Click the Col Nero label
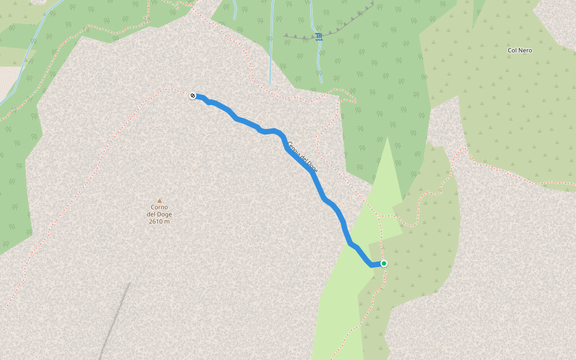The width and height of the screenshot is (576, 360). (520, 50)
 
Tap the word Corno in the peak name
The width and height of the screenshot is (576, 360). (159, 207)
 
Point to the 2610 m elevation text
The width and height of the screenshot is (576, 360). (159, 221)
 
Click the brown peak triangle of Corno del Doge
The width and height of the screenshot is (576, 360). (159, 200)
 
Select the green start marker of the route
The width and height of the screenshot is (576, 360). (384, 263)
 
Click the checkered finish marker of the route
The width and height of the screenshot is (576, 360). (193, 95)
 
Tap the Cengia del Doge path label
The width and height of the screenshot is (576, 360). (302, 157)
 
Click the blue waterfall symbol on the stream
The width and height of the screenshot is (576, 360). (319, 37)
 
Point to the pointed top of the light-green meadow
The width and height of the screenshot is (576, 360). (388, 139)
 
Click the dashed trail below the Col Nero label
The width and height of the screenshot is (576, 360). (516, 173)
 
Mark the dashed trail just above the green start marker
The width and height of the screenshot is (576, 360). (380, 240)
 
